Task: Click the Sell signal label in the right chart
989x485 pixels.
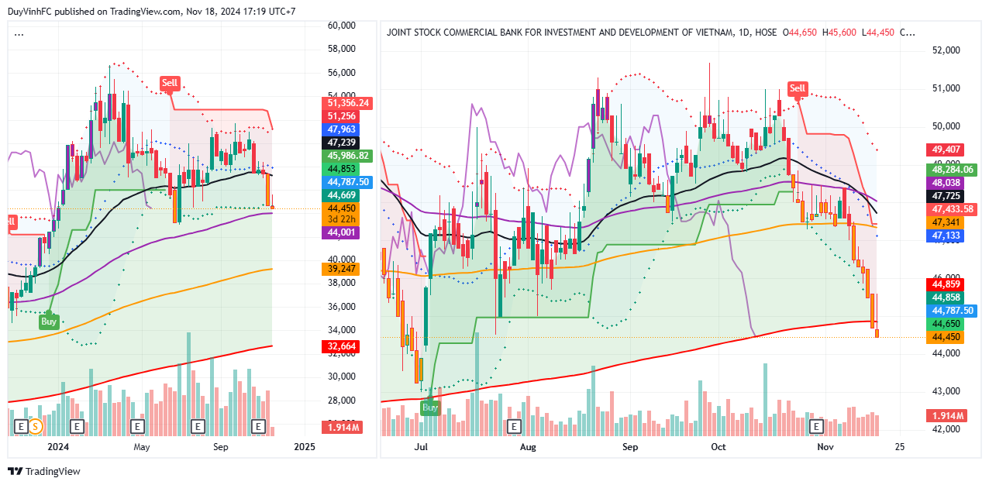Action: (798, 88)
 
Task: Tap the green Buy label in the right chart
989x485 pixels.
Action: (429, 407)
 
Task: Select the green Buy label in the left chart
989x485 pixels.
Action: (49, 321)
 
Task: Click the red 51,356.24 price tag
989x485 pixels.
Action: (348, 102)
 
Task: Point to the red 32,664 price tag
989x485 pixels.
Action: (342, 346)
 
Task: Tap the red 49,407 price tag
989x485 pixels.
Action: (946, 150)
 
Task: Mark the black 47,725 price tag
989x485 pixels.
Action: (946, 196)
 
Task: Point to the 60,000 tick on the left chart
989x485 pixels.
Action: (341, 26)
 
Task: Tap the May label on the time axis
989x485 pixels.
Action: (141, 447)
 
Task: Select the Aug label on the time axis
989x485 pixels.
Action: (528, 447)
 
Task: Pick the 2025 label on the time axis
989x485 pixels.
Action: (305, 447)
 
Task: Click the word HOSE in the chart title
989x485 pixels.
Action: (765, 33)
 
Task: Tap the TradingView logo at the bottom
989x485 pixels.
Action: (44, 471)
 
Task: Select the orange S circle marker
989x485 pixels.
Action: (36, 426)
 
